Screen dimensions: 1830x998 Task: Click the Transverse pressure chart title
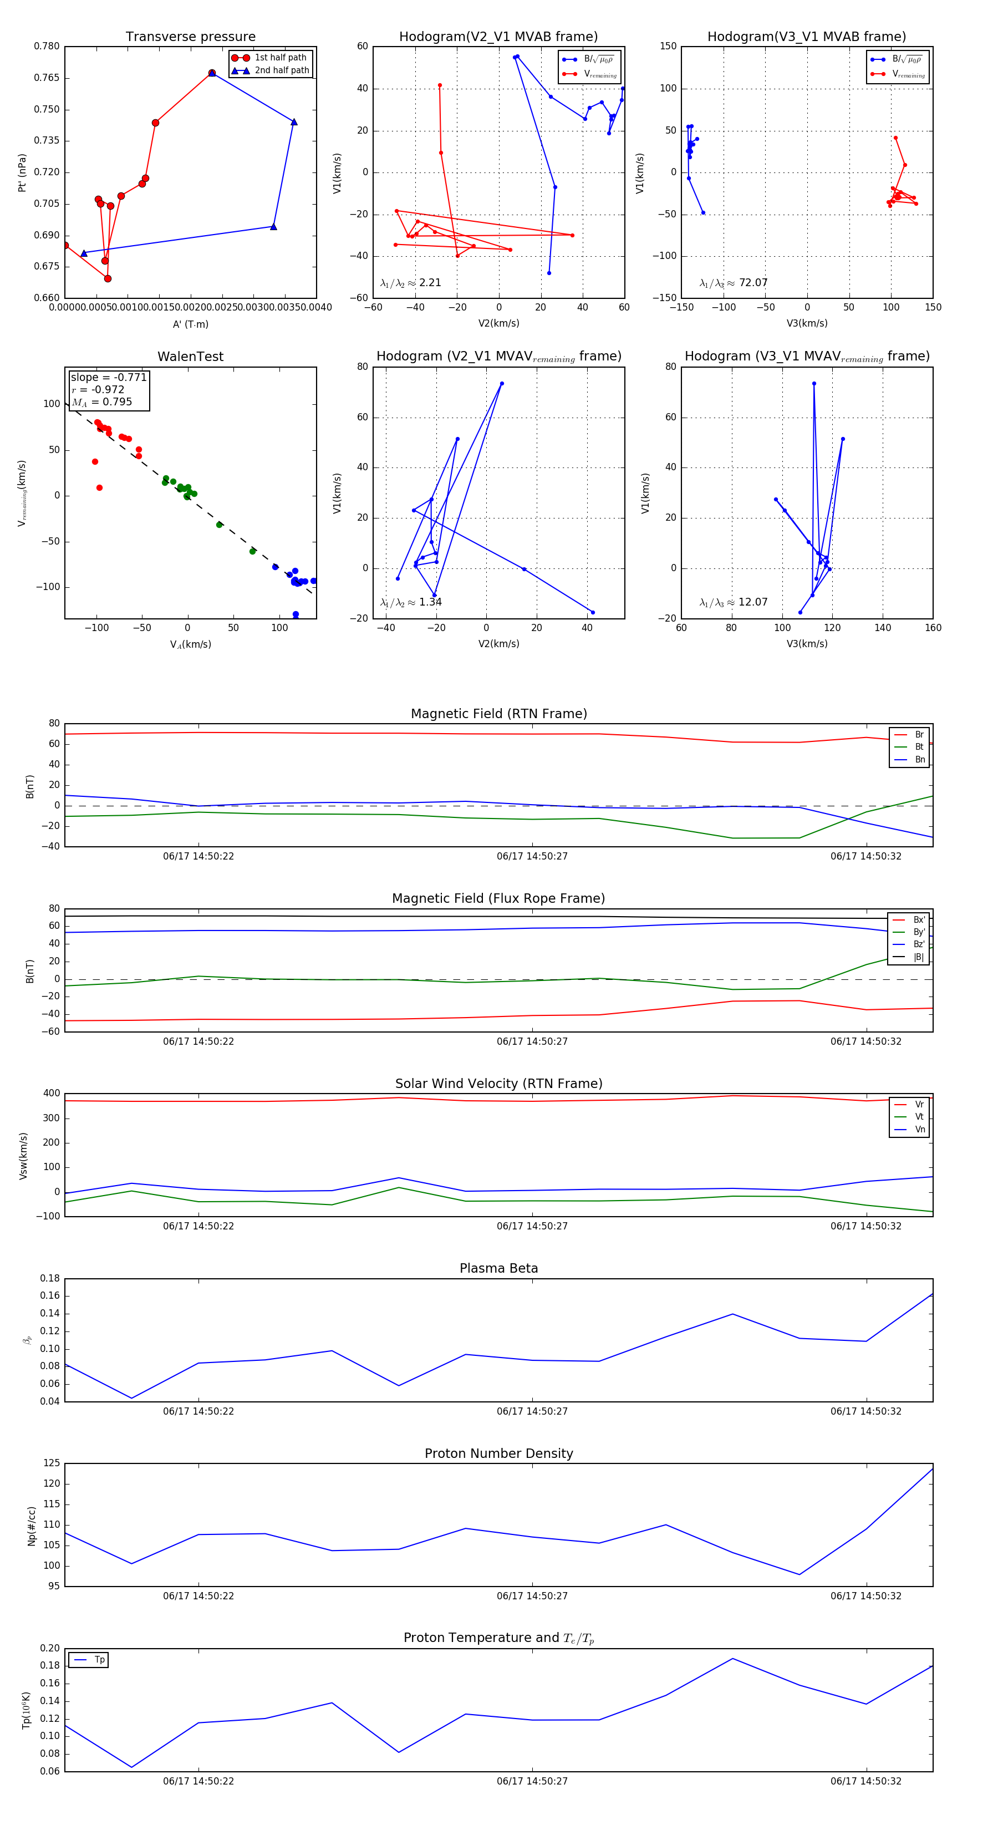coord(190,37)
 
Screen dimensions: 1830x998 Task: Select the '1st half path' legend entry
coord(280,58)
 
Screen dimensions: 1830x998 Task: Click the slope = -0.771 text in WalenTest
coord(108,377)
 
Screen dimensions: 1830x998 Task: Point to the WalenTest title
coord(190,357)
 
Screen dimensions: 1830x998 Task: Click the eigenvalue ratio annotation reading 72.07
coord(733,283)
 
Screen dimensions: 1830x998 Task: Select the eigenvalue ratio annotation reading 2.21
coord(410,283)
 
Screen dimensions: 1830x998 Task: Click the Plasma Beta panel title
coord(498,1268)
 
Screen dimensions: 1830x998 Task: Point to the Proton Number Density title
coord(498,1453)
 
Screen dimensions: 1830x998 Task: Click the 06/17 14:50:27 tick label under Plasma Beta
coord(532,1411)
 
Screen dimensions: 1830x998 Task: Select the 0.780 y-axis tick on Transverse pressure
coord(47,46)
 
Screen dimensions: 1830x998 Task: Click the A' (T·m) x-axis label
coord(190,324)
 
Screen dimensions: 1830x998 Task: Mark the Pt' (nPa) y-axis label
coord(22,172)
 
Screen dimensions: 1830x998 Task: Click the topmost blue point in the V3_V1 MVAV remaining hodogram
coord(814,384)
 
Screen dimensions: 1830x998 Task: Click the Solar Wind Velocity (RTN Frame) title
coord(498,1084)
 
